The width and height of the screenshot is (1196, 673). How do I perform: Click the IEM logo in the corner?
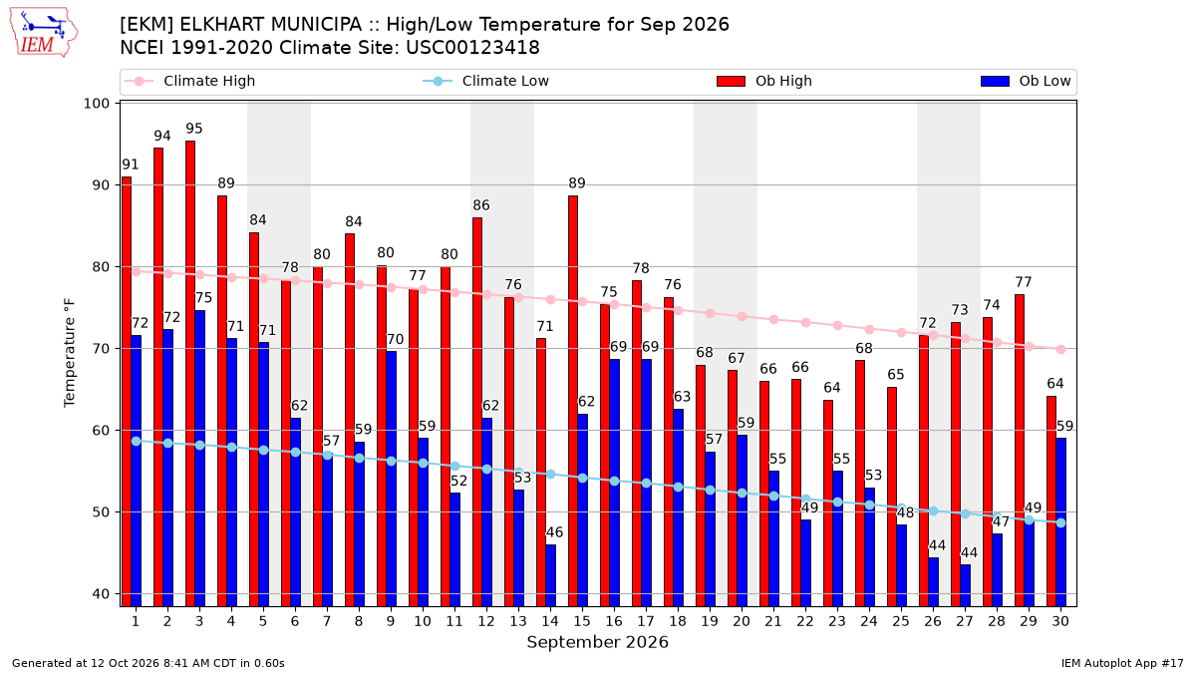click(43, 33)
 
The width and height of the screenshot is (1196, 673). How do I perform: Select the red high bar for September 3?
click(190, 373)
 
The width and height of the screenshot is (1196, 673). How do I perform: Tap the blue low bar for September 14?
click(550, 575)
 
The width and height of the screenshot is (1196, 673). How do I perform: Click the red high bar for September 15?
click(573, 401)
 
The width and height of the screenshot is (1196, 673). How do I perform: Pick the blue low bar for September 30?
click(1060, 522)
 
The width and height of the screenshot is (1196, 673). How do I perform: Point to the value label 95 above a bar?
click(194, 129)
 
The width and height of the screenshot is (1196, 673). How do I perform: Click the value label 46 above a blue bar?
click(554, 532)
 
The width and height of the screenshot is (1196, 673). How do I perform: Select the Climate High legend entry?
click(190, 81)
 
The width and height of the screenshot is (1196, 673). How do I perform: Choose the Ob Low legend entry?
click(1026, 81)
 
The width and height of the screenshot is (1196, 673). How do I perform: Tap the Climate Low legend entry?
click(486, 81)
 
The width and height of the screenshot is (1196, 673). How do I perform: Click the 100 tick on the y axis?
click(96, 103)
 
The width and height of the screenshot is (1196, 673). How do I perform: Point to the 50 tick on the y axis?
click(101, 512)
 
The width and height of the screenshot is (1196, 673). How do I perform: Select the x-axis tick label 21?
click(772, 622)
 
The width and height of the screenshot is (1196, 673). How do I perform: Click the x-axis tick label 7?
click(327, 622)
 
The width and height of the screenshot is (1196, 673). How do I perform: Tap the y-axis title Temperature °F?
click(70, 353)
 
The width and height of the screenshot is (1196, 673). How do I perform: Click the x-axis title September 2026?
click(597, 642)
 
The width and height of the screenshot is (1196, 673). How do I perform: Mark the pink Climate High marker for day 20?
click(742, 317)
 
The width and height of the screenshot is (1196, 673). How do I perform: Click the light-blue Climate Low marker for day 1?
click(137, 441)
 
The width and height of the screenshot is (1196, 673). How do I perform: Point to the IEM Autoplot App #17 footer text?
click(1122, 663)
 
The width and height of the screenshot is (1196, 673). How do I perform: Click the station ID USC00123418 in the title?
click(472, 48)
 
